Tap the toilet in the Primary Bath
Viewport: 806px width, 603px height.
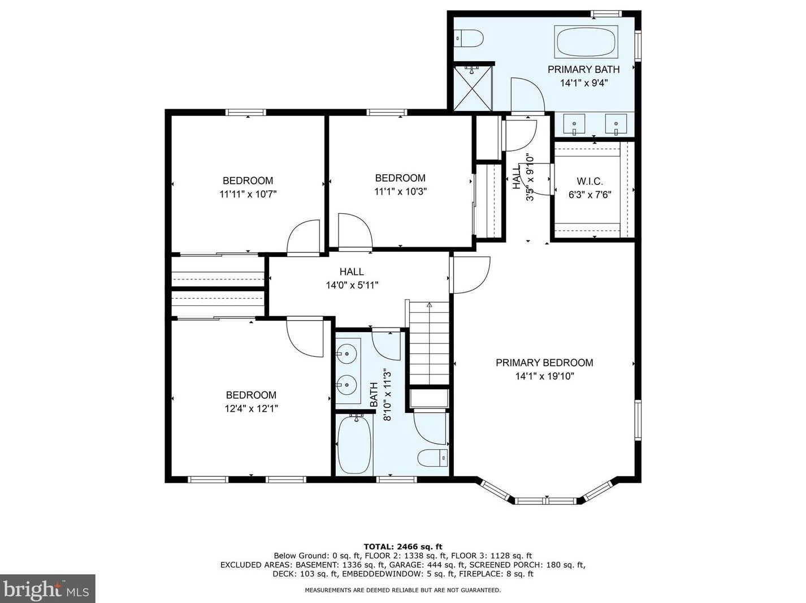click(x=470, y=39)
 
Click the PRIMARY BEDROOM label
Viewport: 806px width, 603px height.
click(x=544, y=363)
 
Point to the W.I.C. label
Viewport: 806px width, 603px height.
click(x=590, y=182)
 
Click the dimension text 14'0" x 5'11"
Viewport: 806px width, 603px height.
click(x=352, y=285)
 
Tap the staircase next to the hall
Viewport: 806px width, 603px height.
click(x=430, y=345)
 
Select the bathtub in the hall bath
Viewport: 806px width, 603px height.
click(x=354, y=445)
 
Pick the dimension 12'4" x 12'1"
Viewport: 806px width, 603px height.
click(x=251, y=408)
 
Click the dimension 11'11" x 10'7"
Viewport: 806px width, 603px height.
click(x=248, y=194)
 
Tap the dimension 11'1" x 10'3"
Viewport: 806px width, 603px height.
click(x=400, y=191)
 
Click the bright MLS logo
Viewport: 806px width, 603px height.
click(x=47, y=589)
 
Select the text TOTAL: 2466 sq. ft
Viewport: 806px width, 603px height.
click(x=402, y=546)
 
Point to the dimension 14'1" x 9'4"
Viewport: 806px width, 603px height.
click(x=583, y=83)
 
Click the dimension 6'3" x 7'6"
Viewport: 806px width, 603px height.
click(x=590, y=195)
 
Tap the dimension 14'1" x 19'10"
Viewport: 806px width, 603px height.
click(x=544, y=376)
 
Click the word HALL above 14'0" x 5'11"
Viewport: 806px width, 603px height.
click(x=352, y=272)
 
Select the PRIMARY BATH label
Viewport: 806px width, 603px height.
click(x=583, y=70)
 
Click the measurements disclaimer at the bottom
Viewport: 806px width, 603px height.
click(x=402, y=590)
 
